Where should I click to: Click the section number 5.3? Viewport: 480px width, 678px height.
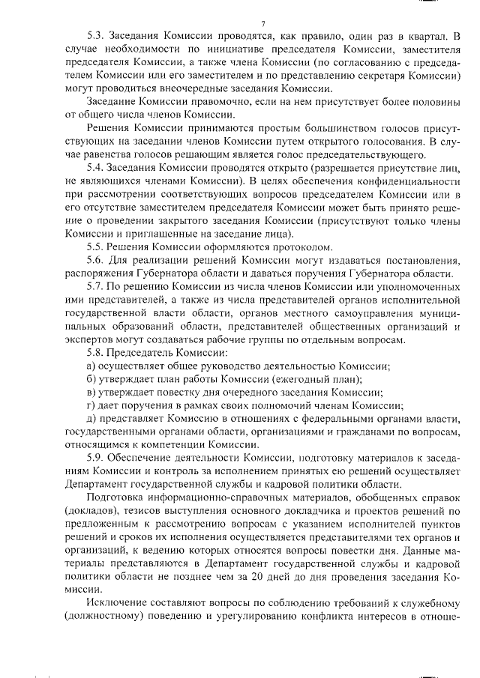(x=96, y=36)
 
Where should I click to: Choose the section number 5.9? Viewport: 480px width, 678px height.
(x=96, y=457)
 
